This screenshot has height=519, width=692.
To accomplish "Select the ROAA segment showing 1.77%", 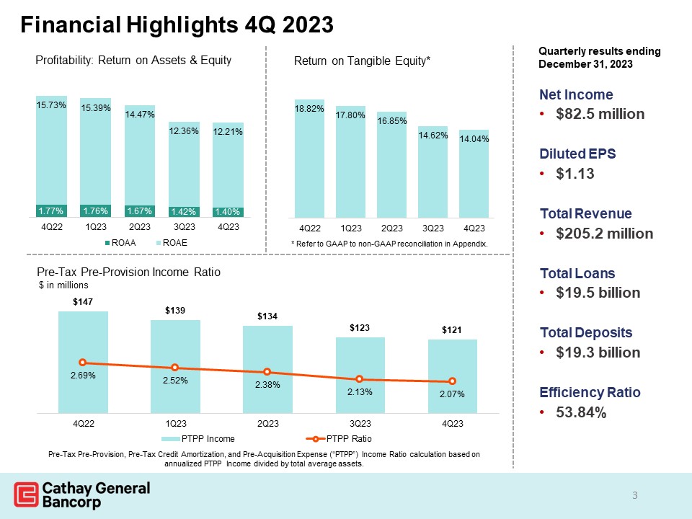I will [51, 211].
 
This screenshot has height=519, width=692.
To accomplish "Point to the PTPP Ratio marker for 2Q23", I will [267, 372].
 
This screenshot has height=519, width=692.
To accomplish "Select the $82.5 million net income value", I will [598, 115].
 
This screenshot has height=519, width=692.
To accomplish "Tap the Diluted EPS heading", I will [577, 154].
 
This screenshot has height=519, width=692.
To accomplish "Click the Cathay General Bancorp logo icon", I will [27, 495].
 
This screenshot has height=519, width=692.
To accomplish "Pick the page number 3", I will [635, 495].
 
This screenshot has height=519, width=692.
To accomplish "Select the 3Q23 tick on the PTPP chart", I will [360, 423].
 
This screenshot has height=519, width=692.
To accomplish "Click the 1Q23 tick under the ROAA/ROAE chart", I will [95, 226].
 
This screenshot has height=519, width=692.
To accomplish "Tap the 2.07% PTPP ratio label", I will [453, 394].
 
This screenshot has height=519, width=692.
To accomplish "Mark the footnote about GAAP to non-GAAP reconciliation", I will [389, 244].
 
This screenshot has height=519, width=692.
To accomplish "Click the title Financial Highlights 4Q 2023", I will [177, 25].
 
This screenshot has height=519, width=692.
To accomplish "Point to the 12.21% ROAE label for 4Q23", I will [228, 132].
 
